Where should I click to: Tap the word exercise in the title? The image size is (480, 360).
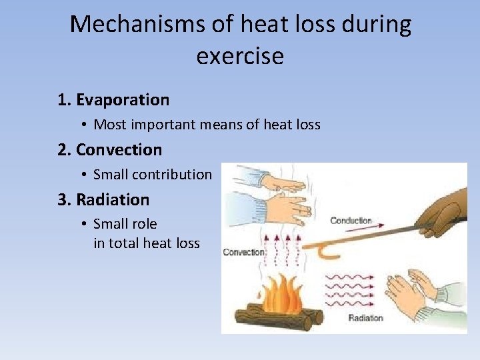pyautogui.click(x=240, y=55)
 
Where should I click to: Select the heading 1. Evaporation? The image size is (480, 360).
pyautogui.click(x=113, y=100)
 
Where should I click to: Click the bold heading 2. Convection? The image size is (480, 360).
pyautogui.click(x=109, y=149)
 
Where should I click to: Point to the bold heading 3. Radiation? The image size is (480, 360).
pyautogui.click(x=103, y=199)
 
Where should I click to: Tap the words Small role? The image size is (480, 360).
pyautogui.click(x=125, y=224)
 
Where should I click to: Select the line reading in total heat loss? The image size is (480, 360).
pyautogui.click(x=147, y=243)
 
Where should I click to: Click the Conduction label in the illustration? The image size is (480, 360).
pyautogui.click(x=351, y=221)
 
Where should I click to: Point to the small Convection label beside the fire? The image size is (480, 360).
pyautogui.click(x=243, y=253)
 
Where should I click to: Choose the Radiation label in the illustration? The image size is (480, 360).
pyautogui.click(x=365, y=318)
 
